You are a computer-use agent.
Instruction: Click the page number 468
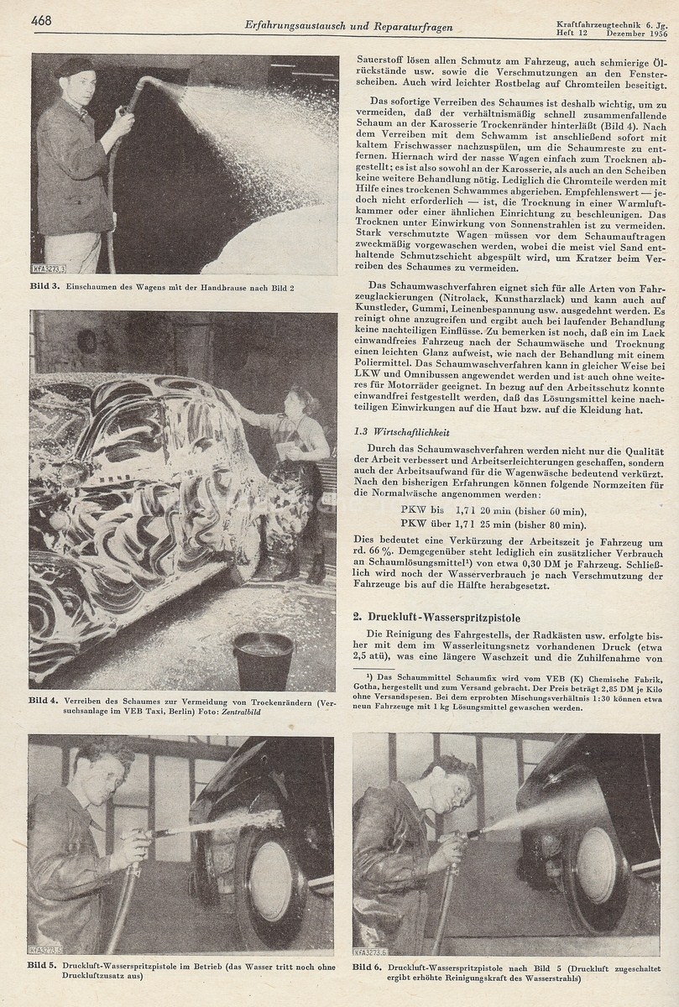coord(42,20)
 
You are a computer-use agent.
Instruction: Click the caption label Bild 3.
coord(47,288)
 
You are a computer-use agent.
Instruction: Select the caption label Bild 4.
coord(44,700)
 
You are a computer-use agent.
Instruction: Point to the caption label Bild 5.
coord(43,967)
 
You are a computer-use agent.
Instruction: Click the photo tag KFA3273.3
coord(50,268)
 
